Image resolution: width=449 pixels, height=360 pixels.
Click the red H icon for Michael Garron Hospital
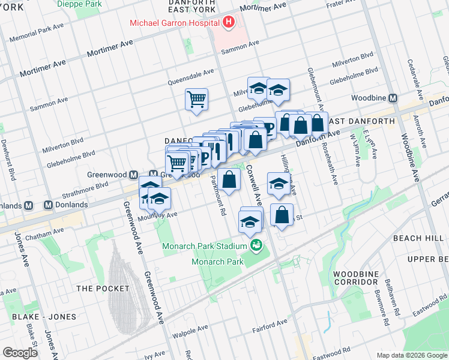click(x=228, y=23)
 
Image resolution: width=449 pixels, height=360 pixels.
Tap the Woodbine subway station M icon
click(x=394, y=98)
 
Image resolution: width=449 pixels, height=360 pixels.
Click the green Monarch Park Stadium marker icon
click(x=256, y=245)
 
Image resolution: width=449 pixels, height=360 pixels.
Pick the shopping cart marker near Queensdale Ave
click(x=196, y=99)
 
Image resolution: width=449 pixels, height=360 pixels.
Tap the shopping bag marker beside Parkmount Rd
click(x=229, y=178)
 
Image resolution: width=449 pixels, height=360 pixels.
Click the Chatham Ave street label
click(x=44, y=232)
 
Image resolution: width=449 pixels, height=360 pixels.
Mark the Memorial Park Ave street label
click(x=36, y=34)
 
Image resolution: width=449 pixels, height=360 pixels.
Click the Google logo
click(x=20, y=353)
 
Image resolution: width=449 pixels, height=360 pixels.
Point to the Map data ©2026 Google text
click(x=411, y=355)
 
